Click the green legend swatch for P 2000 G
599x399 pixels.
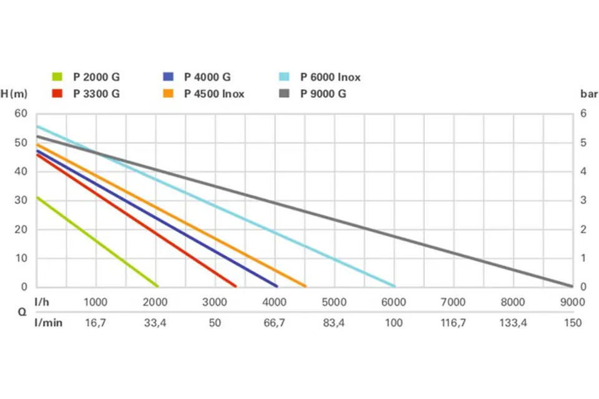[57, 77]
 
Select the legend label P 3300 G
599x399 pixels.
[96, 94]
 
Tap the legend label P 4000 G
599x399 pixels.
[207, 77]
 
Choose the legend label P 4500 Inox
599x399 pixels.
[214, 94]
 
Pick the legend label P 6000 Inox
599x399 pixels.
[330, 77]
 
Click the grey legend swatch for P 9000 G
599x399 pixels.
[285, 94]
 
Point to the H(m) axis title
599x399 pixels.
[14, 94]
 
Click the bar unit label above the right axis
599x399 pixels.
[589, 94]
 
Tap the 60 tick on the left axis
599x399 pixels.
[22, 113]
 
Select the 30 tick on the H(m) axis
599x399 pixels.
[22, 200]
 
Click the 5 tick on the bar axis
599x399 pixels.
[583, 142]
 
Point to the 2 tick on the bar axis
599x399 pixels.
[583, 229]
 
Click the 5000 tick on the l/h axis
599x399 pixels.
[334, 302]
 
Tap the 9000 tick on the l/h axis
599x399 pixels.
[569, 302]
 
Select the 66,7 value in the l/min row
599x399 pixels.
[275, 323]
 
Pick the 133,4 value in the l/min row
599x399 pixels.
[513, 323]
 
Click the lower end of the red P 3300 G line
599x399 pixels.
[235, 286]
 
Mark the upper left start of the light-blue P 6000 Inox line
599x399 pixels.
[37, 127]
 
